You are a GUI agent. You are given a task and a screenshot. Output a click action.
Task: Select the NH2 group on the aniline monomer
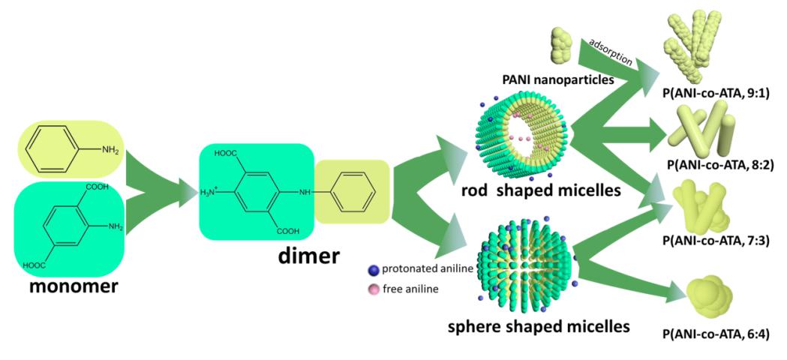[110, 150]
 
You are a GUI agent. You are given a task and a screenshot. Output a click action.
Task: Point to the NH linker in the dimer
[305, 192]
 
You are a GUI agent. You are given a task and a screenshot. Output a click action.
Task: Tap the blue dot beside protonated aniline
[374, 269]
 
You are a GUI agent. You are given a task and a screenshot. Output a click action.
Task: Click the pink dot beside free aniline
[374, 286]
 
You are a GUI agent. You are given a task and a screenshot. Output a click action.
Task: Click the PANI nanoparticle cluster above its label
[562, 46]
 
